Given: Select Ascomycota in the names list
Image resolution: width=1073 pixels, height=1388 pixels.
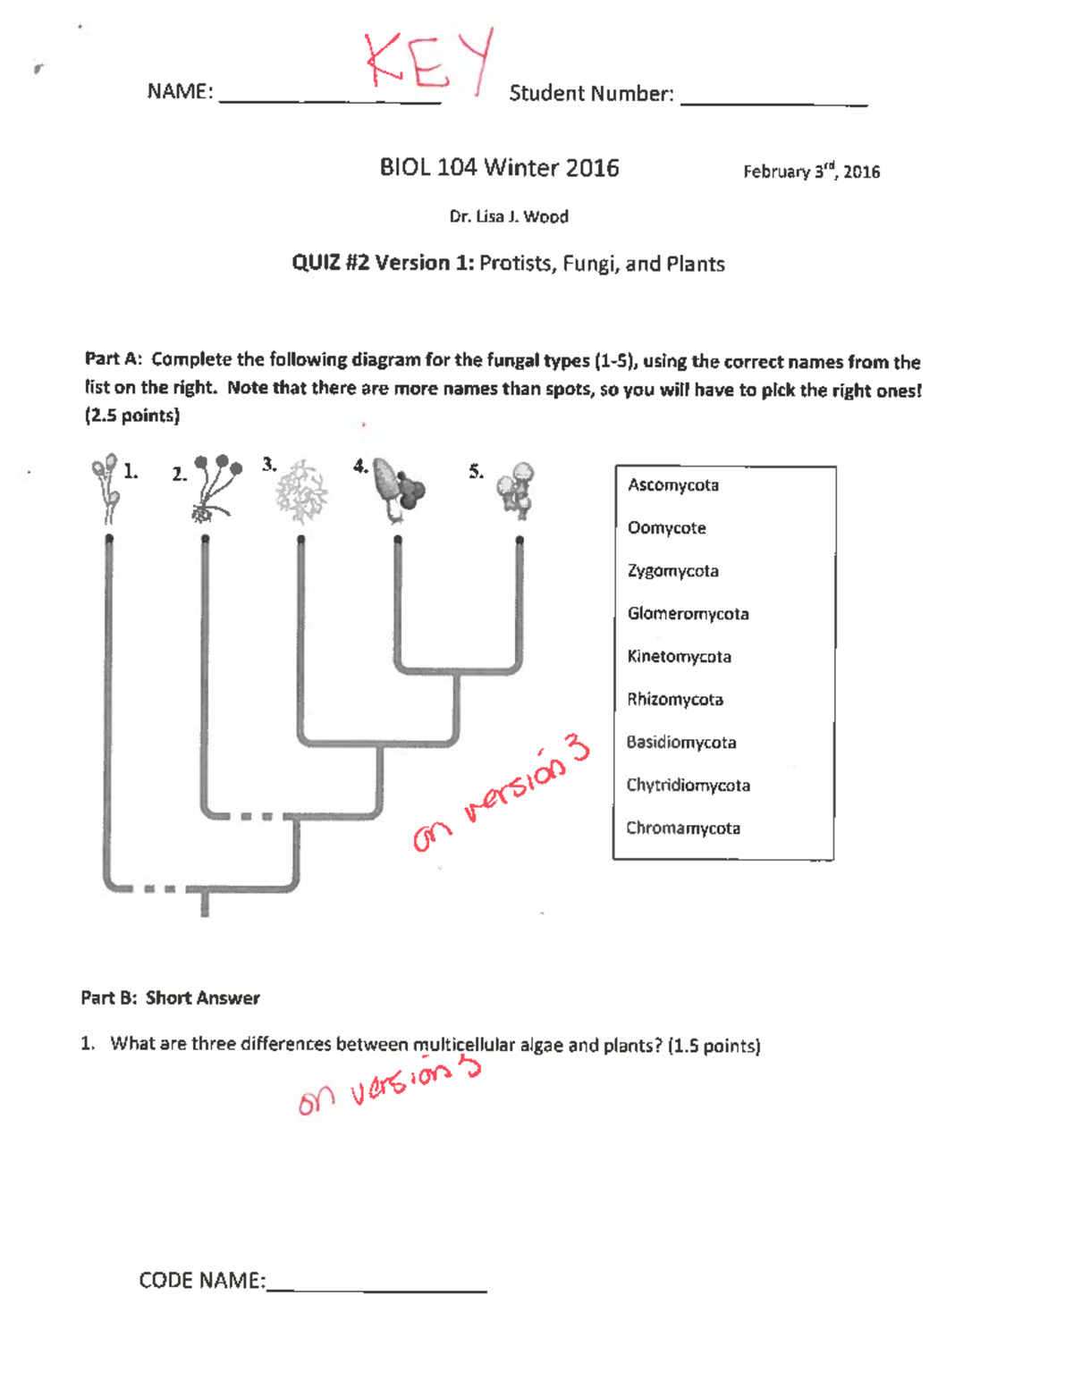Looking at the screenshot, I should click(672, 485).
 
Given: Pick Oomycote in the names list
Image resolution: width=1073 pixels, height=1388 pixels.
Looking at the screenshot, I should click(666, 528).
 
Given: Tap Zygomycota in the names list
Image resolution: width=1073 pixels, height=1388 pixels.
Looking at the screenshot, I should click(672, 571).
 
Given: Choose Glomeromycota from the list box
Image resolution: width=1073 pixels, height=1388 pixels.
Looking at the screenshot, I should click(688, 614).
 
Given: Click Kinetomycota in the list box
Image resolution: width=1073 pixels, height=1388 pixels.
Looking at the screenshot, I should click(679, 657).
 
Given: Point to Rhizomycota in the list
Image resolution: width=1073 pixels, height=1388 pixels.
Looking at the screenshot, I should click(674, 700).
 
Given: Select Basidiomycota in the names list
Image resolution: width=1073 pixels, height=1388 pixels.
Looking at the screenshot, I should click(680, 743).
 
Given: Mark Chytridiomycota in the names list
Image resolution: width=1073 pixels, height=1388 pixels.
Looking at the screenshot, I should click(688, 786).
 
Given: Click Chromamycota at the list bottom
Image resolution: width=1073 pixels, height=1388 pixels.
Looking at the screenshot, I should click(682, 829).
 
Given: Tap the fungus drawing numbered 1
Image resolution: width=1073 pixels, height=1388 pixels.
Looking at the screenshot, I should click(106, 487).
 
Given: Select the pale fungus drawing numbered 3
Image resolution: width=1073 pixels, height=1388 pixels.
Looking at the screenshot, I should click(301, 492).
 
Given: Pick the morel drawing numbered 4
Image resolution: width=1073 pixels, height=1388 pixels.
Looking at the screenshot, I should click(397, 489).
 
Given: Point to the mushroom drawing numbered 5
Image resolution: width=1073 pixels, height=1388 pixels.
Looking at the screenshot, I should click(516, 490).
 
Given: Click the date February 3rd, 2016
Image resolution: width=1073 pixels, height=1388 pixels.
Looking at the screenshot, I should click(811, 172).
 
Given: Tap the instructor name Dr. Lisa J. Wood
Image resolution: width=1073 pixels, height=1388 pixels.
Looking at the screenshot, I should click(508, 217).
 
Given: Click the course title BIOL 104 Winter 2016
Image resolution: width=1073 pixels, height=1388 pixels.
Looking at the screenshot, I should click(499, 168).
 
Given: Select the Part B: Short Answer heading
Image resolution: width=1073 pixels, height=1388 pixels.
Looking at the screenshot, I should click(170, 998).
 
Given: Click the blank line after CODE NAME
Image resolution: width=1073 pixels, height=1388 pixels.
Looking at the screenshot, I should click(376, 1285).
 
